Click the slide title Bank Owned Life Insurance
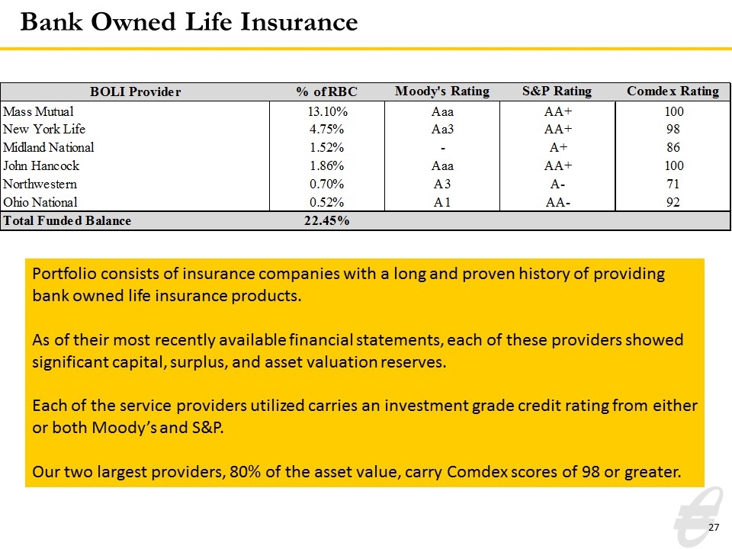coord(189,22)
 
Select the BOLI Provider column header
coord(136,91)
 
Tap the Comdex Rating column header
coord(673,91)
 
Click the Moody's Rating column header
coord(442,91)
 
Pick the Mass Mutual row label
coord(38,111)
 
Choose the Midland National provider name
coord(49,147)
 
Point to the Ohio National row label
coord(40,202)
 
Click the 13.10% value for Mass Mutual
coord(327,111)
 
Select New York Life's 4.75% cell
coord(327,130)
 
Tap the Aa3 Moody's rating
coord(442,130)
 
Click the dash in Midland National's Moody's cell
coord(442,149)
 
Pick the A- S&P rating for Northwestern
coord(557,185)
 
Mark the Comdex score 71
coord(673,184)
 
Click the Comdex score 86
coord(673,147)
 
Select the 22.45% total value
coord(327,220)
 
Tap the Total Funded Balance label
coord(67,220)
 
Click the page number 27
coord(714,527)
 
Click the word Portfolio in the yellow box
coord(64,274)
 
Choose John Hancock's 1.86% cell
coord(327,165)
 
